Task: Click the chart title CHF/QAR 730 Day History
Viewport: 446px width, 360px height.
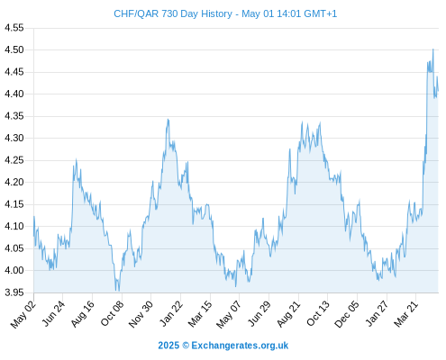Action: click(x=173, y=13)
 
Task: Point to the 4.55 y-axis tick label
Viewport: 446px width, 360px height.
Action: click(x=14, y=28)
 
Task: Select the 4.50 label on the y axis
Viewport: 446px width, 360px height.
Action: click(x=14, y=49)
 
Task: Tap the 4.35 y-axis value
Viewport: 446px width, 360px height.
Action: click(x=14, y=116)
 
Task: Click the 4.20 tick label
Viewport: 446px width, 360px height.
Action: click(x=14, y=182)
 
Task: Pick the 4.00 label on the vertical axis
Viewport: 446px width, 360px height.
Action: click(x=14, y=270)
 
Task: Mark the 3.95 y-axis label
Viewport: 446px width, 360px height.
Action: click(x=14, y=292)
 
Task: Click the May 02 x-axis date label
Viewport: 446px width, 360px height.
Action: click(x=23, y=314)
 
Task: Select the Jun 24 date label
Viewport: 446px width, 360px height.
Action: click(x=53, y=314)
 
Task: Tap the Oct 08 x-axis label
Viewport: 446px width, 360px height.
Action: click(x=112, y=314)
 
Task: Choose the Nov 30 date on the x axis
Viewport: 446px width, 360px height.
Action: click(x=141, y=314)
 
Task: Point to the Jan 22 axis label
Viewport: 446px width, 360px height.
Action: click(x=171, y=314)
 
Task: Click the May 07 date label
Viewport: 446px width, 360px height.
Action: click(x=229, y=314)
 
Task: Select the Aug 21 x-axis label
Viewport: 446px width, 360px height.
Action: click(x=288, y=314)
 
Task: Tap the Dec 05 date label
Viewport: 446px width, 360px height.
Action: click(x=347, y=314)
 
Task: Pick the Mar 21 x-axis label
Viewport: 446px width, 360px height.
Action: click(x=406, y=314)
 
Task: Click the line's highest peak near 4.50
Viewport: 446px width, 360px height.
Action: click(x=432, y=49)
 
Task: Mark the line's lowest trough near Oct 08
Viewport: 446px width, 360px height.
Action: click(x=116, y=290)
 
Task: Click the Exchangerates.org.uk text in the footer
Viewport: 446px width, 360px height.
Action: click(x=240, y=346)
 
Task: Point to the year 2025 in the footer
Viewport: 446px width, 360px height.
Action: click(x=168, y=346)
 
